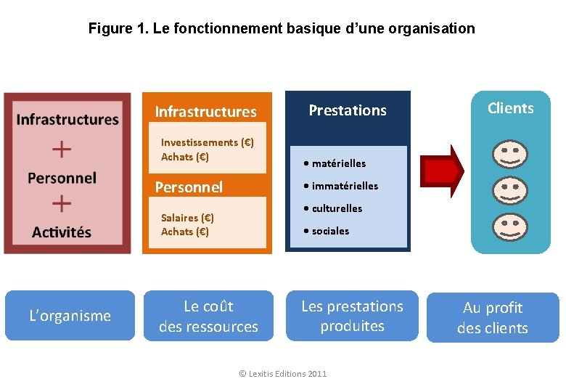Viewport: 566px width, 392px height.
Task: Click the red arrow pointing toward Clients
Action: [x=443, y=171]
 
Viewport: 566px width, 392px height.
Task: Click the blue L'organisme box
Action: [x=70, y=316]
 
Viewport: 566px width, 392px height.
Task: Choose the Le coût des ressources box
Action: [x=208, y=317]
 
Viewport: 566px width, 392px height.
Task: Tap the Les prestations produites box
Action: [x=352, y=317]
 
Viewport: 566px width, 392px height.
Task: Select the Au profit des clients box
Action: [x=493, y=317]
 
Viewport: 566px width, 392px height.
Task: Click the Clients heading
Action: [x=510, y=108]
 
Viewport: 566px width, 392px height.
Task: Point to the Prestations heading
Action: [x=348, y=110]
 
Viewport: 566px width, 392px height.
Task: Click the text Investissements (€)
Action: [x=207, y=142]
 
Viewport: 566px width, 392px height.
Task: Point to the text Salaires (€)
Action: [x=187, y=217]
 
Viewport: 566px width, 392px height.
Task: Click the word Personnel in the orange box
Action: [x=189, y=187]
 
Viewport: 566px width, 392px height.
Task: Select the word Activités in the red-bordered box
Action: [x=62, y=232]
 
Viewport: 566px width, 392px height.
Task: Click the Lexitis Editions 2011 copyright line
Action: [x=282, y=373]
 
